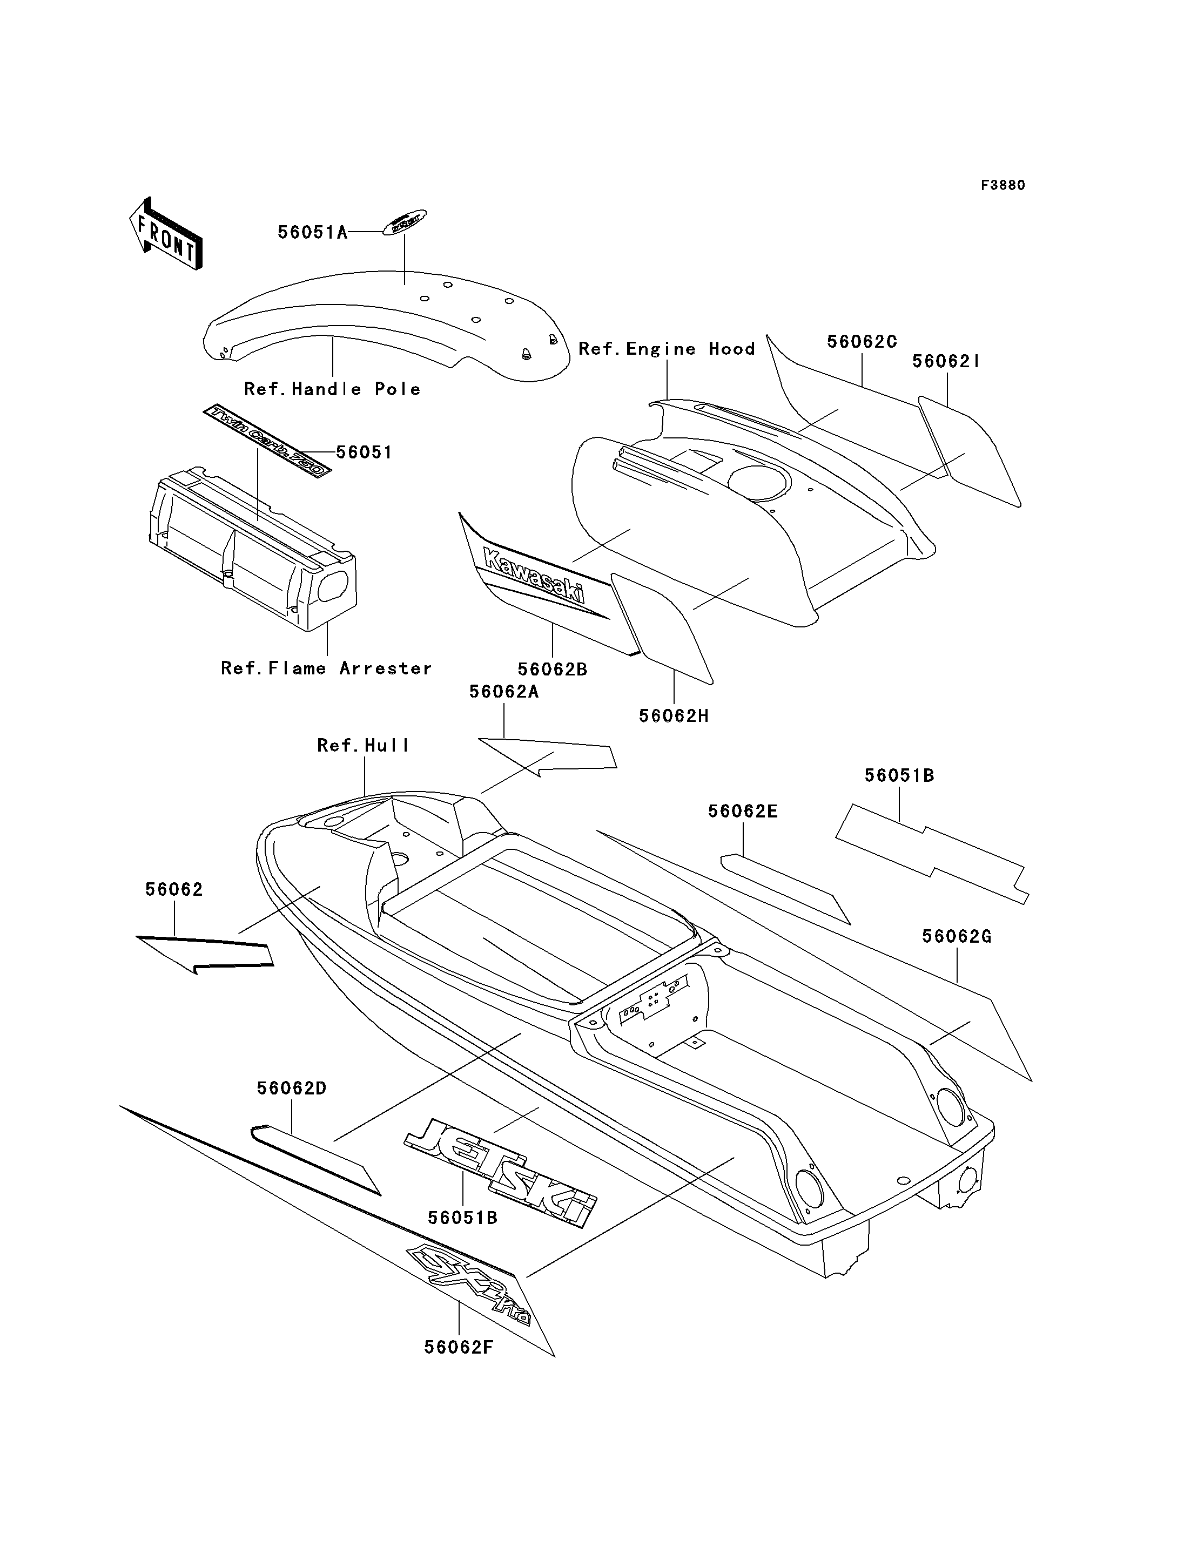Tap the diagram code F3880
click(x=1003, y=185)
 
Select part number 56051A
click(x=312, y=233)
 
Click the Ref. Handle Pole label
click(x=332, y=389)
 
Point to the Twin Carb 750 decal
click(x=268, y=441)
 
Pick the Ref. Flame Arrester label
click(x=326, y=668)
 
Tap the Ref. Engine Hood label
click(x=666, y=349)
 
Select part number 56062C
click(x=861, y=342)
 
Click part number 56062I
click(x=946, y=361)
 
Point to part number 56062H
click(x=674, y=716)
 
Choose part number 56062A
click(x=504, y=692)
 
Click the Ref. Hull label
click(x=363, y=746)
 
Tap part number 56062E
click(x=743, y=811)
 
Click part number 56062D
click(x=291, y=1089)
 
